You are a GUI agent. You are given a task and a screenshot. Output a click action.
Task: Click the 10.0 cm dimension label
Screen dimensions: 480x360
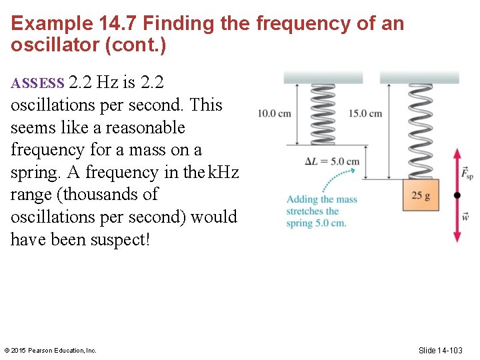(x=275, y=113)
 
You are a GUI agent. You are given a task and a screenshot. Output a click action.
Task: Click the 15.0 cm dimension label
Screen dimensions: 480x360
(x=365, y=113)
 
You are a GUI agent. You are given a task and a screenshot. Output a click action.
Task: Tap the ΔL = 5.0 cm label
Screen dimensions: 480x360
(x=331, y=161)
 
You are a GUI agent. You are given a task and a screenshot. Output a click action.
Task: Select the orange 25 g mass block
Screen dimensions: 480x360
(x=421, y=195)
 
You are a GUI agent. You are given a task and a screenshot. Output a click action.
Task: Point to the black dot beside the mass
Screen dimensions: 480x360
(x=457, y=195)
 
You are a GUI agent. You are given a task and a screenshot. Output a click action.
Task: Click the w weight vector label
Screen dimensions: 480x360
(x=466, y=217)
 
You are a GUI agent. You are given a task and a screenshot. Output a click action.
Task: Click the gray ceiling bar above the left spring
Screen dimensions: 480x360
(x=323, y=77)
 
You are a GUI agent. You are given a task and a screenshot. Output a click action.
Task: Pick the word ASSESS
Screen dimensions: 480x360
(x=37, y=84)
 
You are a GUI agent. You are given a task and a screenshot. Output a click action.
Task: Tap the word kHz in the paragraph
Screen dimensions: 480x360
(x=223, y=173)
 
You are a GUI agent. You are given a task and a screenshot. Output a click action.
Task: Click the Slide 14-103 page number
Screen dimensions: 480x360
(x=440, y=350)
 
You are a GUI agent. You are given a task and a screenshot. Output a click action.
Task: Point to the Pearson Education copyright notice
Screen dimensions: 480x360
(x=51, y=350)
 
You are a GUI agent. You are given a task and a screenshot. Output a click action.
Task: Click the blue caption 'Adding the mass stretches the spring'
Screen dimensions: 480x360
(x=321, y=211)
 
